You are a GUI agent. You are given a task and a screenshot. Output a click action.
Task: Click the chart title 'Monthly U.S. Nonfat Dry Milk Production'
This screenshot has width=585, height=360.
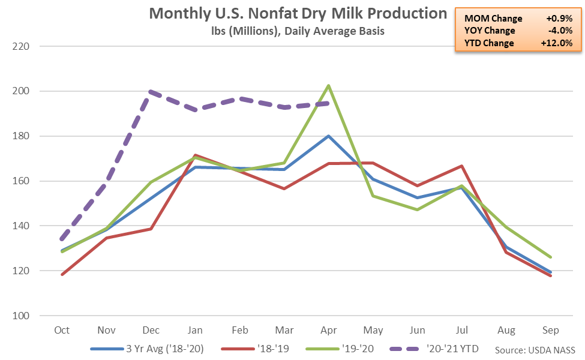(298, 13)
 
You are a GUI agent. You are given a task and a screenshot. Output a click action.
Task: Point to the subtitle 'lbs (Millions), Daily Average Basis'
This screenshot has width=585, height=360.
(298, 31)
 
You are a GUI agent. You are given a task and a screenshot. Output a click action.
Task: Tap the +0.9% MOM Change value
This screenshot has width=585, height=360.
(559, 19)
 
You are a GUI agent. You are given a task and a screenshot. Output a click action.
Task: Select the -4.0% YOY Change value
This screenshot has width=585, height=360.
(560, 31)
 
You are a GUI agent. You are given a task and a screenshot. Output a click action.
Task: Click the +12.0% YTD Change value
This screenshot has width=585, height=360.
(557, 43)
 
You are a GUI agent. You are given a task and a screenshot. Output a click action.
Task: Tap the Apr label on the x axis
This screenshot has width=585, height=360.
(329, 331)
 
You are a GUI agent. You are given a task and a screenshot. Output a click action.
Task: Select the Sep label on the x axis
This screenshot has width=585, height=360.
(551, 331)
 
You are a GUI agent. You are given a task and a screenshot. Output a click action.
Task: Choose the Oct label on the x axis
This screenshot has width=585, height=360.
(62, 331)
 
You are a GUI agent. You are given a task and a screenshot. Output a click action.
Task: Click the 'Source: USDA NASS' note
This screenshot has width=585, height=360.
(535, 350)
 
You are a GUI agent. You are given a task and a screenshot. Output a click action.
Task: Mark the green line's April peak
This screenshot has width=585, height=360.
(329, 85)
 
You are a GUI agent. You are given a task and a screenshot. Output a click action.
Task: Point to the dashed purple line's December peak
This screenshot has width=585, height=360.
(151, 92)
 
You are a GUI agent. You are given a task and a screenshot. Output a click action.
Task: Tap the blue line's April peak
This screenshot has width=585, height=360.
(329, 136)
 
